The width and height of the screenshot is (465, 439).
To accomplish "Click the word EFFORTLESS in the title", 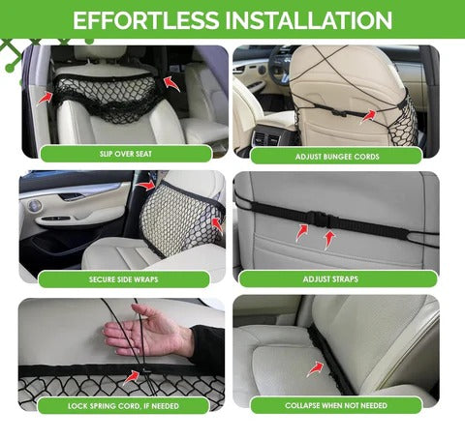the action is pos(145,20).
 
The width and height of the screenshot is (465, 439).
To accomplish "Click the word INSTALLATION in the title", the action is pos(309,20).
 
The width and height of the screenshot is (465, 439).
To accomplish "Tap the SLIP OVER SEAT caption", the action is pos(126,154).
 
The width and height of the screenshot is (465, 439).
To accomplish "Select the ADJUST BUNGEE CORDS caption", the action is pos(337,157).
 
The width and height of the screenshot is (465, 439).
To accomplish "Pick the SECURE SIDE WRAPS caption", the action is pos(124,279).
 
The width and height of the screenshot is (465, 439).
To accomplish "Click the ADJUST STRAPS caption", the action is pos(330,278).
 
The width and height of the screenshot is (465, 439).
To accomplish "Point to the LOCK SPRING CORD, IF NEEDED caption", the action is pos(123,406).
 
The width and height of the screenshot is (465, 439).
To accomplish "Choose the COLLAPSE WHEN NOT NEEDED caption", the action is pos(336,405).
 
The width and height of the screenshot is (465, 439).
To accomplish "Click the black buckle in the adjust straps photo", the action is pos(319,219).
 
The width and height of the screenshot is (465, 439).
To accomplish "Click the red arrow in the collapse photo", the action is pos(315,368).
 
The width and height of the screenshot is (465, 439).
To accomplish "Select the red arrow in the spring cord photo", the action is pos(132,377).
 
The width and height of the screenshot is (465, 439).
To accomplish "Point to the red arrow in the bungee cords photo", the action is pos(368,116).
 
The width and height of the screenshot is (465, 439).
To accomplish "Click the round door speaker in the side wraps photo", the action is pos(34,205).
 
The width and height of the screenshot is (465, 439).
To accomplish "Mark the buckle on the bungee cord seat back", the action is pos(337,112).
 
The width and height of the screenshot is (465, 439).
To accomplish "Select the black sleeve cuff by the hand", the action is pos(205,342).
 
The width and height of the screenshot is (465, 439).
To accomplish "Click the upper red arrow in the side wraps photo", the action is pos(145,186).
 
